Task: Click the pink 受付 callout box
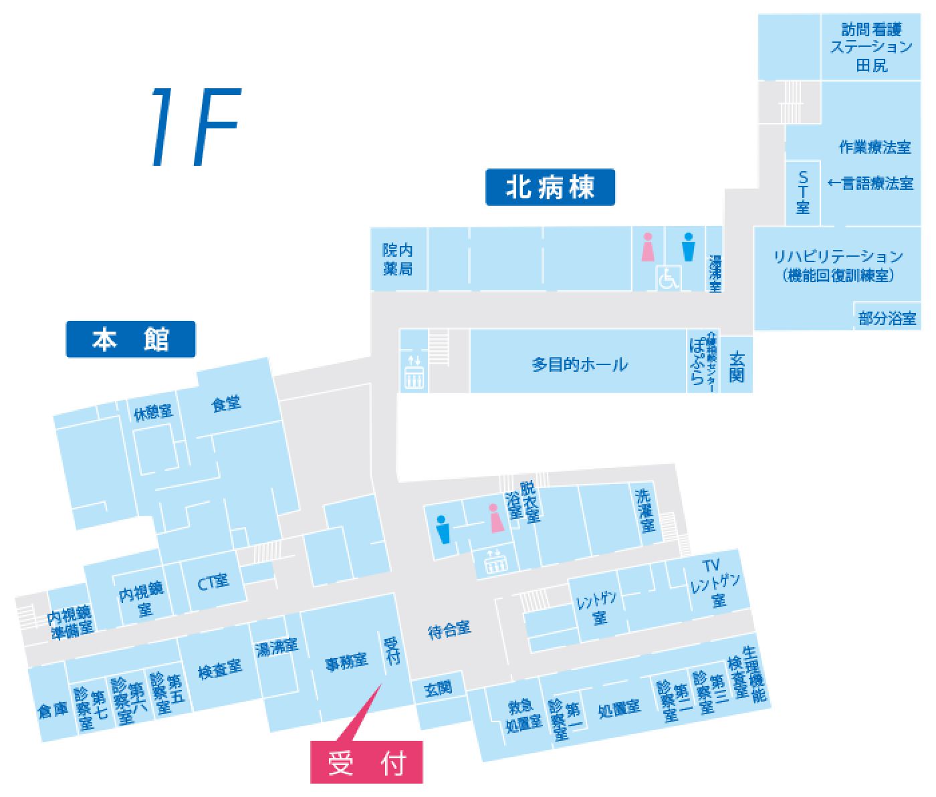366,762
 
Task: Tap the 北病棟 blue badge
550,187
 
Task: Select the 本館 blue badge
130,340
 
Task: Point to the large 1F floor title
194,127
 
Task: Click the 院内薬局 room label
398,259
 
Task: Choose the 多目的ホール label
580,364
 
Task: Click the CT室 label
213,582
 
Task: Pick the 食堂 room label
226,404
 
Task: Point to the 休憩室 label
153,413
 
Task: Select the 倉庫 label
53,709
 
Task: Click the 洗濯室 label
645,509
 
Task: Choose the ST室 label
803,192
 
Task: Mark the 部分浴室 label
887,318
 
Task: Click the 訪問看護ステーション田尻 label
872,47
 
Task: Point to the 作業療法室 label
874,147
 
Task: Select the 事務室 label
346,663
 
